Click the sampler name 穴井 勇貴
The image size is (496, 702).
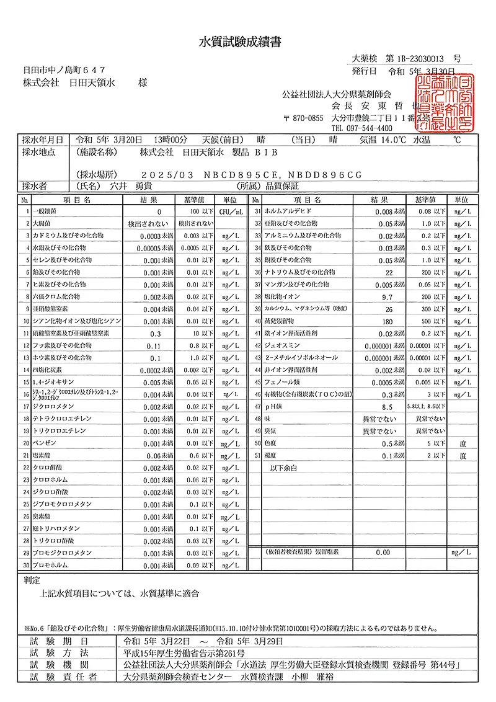(131, 185)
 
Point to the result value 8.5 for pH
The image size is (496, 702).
(388, 407)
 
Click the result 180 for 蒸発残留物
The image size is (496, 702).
(388, 322)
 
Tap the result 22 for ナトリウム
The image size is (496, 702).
(389, 273)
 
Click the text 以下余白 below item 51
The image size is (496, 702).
(285, 468)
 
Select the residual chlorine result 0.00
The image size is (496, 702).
(383, 551)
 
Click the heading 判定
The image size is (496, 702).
(32, 580)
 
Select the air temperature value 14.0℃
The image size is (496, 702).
(392, 140)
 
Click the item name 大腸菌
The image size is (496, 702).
(42, 223)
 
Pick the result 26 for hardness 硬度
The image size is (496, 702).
(389, 309)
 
